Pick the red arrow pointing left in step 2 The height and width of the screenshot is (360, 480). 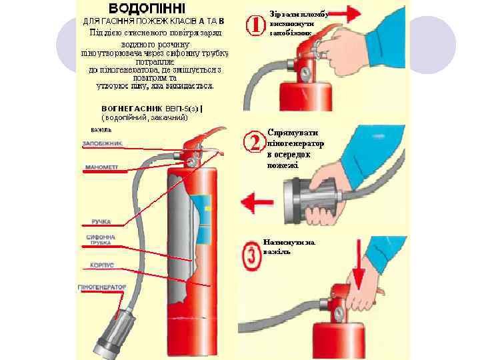click(x=257, y=199)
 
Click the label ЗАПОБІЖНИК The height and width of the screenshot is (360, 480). click(x=101, y=143)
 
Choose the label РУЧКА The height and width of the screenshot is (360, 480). click(x=101, y=221)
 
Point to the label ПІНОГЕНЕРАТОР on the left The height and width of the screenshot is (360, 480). click(x=102, y=287)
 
